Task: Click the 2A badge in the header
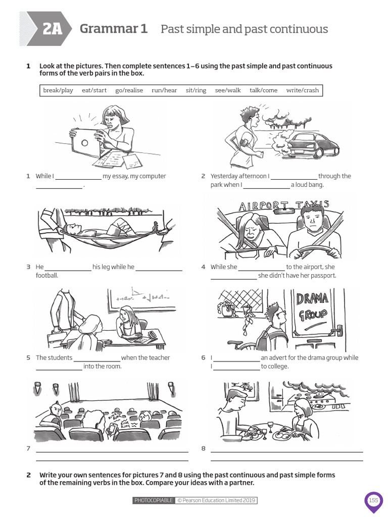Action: point(52,29)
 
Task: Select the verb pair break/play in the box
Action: point(58,90)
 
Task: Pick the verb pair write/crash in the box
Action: point(303,90)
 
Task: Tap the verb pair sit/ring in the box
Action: point(196,90)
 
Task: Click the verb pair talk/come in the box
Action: point(263,90)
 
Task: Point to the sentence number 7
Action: point(28,448)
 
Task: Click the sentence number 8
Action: point(203,448)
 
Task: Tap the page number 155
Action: point(373,500)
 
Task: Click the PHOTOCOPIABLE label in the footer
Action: point(154,500)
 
